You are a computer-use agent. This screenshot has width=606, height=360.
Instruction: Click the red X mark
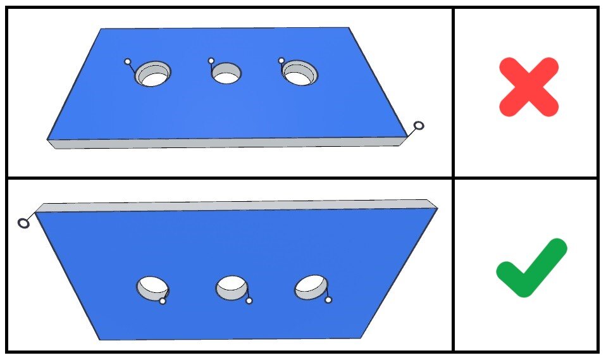point(528,87)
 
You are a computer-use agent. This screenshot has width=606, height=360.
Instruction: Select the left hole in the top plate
point(153,75)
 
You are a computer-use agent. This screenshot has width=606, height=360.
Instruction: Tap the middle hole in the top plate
point(226,74)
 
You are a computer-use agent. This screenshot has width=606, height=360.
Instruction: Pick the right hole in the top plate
point(299,75)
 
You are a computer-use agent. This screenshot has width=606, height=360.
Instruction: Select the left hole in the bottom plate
point(152,288)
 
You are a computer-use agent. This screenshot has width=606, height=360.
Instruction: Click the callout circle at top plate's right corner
point(418,126)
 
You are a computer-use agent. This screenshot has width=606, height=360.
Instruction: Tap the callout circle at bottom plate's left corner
point(23,223)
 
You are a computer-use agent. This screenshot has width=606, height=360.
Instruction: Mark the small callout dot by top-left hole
point(127,61)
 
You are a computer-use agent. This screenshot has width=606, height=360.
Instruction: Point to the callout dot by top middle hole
point(211,61)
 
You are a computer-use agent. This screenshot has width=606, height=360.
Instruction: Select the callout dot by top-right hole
point(281,61)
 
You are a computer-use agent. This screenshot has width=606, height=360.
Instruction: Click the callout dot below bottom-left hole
point(163,301)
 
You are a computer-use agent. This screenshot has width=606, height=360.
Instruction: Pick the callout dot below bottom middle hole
point(249,301)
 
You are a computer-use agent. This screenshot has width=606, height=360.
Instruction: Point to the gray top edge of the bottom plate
point(234,205)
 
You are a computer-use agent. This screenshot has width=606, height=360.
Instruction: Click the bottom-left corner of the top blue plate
point(48,139)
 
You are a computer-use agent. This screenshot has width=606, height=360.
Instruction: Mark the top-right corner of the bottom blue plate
point(436,208)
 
